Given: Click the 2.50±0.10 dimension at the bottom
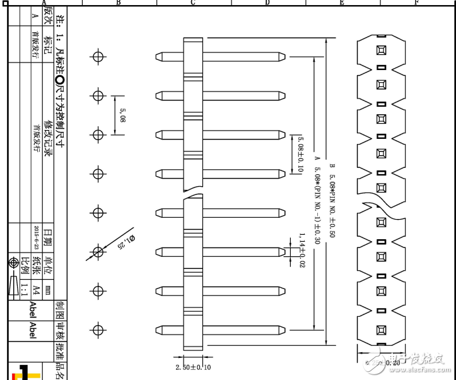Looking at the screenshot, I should [193, 367].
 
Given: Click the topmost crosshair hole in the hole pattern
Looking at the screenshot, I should [97, 57].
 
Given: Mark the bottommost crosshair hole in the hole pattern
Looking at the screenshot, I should [97, 330].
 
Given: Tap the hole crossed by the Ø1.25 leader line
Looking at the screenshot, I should [97, 252].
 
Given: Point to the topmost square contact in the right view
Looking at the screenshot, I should [381, 50].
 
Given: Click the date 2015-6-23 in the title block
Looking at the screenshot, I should [36, 236].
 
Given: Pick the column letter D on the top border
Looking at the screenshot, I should [267, 3].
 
